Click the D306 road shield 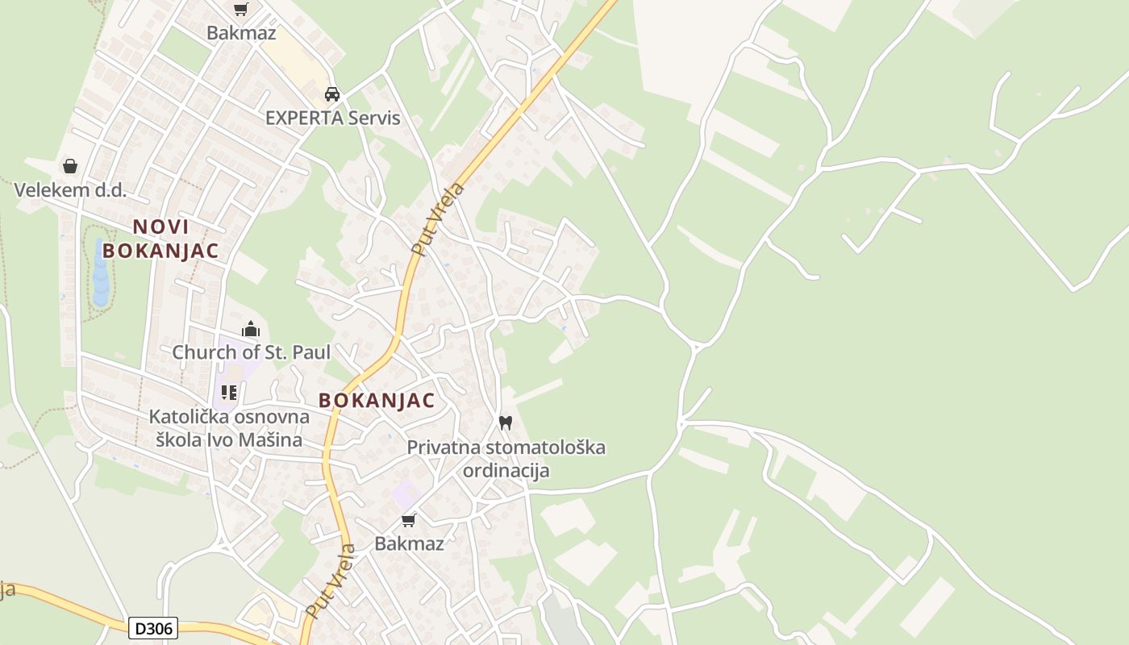point(152,627)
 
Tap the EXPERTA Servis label point(332,118)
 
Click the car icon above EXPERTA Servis point(332,94)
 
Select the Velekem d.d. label point(70,190)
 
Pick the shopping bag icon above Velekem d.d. point(70,166)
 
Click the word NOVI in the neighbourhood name point(160,227)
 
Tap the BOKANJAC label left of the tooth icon point(377,400)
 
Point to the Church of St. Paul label point(251,352)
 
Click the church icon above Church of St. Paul point(251,329)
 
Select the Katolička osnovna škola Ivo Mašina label point(229,428)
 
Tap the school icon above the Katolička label point(229,393)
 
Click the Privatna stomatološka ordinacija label point(506,458)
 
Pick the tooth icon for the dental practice point(506,422)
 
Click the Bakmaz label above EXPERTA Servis point(241,33)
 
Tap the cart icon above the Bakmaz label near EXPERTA point(240,10)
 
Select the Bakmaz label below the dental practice point(409,543)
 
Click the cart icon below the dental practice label point(409,520)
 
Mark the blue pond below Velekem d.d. point(101,274)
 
